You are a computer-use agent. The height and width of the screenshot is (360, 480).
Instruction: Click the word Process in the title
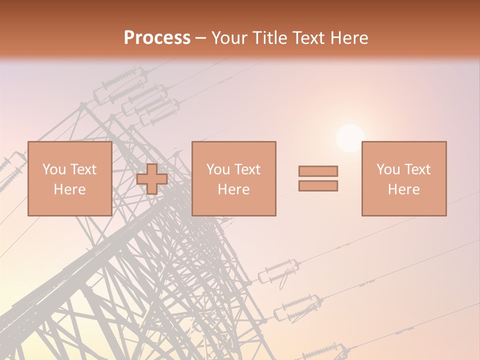pos(157,38)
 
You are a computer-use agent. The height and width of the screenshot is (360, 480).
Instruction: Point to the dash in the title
pos(201,38)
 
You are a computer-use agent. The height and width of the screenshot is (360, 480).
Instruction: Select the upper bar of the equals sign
pos(318,171)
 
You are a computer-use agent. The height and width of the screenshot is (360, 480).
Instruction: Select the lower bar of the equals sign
pos(318,186)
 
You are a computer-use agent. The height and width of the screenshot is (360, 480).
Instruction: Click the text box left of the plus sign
pos(69,178)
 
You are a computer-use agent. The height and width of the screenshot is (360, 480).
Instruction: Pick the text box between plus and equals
pos(233,178)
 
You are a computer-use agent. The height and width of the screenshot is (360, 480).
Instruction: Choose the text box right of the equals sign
pos(403,178)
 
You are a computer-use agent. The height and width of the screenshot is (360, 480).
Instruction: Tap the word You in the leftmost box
pos(54,169)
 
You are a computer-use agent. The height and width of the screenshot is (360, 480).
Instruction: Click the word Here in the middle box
pos(233,189)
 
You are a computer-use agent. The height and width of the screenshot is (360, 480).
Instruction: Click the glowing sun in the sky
pos(350,138)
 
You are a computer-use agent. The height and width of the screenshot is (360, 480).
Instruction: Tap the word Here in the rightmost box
pos(403,189)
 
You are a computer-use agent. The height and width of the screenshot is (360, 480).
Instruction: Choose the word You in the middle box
pos(218,169)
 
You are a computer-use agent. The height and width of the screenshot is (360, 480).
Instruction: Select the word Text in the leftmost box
pos(83,169)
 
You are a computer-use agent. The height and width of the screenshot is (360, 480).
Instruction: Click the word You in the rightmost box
pos(388,169)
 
